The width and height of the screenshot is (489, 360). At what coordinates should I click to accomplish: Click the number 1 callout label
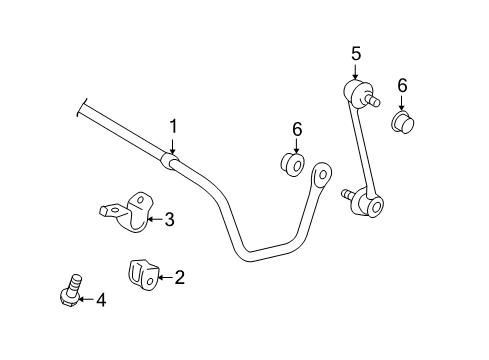coord(173,126)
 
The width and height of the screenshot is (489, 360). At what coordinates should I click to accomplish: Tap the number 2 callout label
coord(180,277)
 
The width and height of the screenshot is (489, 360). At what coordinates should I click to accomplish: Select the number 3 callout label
coord(169,219)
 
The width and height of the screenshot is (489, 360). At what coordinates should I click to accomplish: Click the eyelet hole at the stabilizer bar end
coord(323,175)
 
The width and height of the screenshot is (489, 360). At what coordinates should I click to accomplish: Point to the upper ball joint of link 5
coord(357,96)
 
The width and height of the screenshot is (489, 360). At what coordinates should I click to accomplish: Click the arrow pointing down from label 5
coord(353,72)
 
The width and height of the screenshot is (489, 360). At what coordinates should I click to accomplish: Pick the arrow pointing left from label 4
coord(85,300)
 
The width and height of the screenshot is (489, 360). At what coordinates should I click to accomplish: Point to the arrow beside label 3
coord(154,219)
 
